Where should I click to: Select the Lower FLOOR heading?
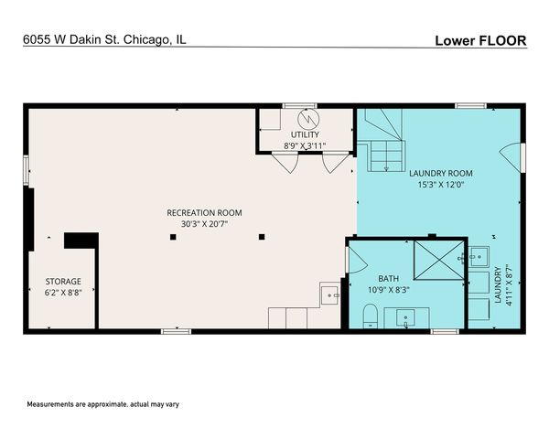[x=480, y=40]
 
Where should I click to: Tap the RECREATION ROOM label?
[x=204, y=213]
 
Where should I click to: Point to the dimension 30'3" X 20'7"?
[x=204, y=224]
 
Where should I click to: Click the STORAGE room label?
[x=64, y=282]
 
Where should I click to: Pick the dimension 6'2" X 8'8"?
[x=64, y=293]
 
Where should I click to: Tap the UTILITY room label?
[x=305, y=134]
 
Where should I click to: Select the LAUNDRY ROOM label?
[x=440, y=173]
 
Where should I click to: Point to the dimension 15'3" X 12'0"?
[x=440, y=184]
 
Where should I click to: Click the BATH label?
[x=388, y=278]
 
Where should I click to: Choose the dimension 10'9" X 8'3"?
[x=388, y=289]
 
